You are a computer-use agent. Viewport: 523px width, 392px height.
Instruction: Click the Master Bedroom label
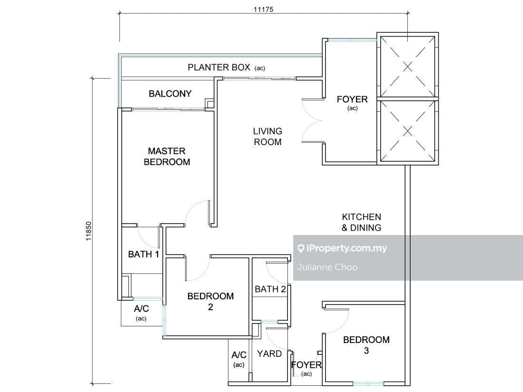tap(167, 157)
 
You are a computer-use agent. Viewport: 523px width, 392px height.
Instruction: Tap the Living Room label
tap(267, 137)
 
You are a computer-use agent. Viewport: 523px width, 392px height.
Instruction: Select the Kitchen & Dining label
tap(362, 222)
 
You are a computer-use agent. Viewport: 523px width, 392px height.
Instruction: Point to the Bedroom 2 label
tap(210, 301)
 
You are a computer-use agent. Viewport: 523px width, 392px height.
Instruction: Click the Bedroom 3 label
tap(366, 345)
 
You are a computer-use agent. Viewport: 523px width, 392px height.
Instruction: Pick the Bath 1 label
tap(143, 255)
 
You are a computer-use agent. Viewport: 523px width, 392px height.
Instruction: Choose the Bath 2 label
tap(270, 289)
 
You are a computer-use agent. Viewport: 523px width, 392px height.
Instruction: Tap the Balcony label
tap(170, 94)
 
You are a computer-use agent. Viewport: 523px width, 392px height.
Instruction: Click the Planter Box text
tap(219, 68)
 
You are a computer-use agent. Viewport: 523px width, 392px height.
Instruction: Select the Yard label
tap(269, 353)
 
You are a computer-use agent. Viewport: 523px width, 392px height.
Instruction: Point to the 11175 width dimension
tap(264, 10)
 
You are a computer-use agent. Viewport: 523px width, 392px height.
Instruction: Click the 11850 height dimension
tap(89, 231)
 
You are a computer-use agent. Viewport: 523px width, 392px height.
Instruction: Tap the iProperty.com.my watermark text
tap(345, 248)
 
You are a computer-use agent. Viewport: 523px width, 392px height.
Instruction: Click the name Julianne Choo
tap(327, 267)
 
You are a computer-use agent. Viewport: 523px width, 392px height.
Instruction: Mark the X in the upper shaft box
tap(407, 67)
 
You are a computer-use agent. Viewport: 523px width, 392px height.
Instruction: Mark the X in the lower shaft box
tap(407, 131)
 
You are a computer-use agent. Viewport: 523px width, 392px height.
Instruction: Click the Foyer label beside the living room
tap(352, 99)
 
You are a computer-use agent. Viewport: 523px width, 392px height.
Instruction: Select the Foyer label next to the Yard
tap(306, 365)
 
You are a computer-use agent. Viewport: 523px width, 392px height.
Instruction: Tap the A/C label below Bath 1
tap(141, 309)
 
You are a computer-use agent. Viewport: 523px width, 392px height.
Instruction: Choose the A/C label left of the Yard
tap(239, 355)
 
